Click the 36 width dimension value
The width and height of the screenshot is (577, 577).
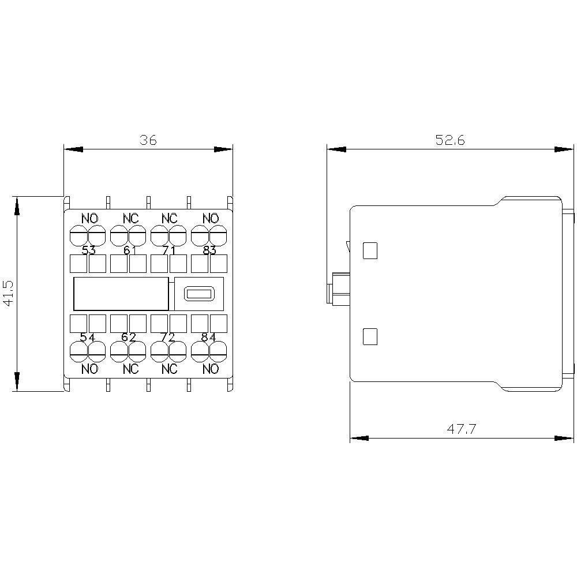point(148,140)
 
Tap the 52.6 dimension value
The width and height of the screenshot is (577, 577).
point(450,140)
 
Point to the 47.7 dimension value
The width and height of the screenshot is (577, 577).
point(462,429)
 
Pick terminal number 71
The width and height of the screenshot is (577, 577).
point(169,250)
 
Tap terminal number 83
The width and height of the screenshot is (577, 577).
point(209,250)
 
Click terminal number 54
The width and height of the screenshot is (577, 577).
point(88,337)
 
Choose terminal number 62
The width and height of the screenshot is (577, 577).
point(129,337)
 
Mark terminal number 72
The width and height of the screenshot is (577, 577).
point(168,337)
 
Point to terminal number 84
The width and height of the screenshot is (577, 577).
point(209,337)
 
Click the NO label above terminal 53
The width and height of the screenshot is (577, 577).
point(89,219)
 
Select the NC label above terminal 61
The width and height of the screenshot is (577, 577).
point(130,219)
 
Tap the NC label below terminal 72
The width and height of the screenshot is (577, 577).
point(170,369)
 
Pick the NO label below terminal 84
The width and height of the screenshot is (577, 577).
point(211,369)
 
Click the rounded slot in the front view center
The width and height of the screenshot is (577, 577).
point(199,294)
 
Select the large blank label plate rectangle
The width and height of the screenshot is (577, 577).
point(121,294)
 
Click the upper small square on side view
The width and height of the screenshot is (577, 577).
point(369,250)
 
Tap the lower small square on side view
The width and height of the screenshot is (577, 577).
point(369,336)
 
